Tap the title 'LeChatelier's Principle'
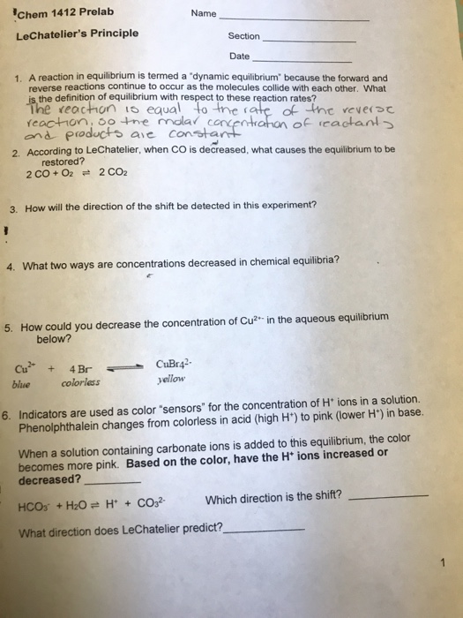coord(78,34)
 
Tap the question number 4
coord(12,264)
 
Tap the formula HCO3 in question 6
coord(32,505)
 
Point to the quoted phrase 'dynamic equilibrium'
coord(220,79)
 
